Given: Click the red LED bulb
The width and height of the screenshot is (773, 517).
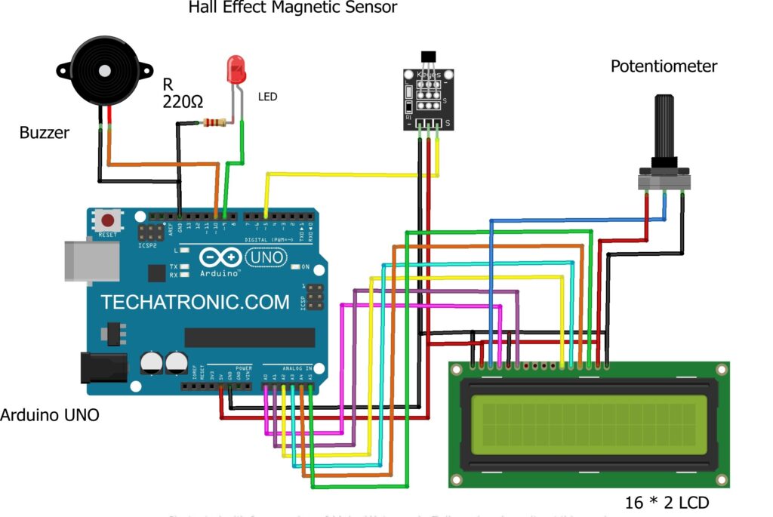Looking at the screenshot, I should (x=236, y=69).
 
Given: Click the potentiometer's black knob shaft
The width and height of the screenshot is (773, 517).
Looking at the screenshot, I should (x=665, y=128).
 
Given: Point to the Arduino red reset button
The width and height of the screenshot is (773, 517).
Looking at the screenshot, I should (x=108, y=221).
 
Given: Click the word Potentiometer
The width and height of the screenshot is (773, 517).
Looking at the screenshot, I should (x=664, y=66).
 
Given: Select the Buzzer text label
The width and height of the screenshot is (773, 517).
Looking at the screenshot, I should (x=44, y=133).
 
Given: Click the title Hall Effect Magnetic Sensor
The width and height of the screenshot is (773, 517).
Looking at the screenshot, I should (x=292, y=8).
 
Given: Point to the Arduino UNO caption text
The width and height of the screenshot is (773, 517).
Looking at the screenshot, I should (x=49, y=414).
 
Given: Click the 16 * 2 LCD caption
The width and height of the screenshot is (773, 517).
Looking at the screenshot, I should (x=667, y=502).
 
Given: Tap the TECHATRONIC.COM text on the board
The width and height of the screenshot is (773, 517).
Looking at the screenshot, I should (x=195, y=303).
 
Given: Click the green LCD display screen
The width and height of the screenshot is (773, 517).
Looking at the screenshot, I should (x=589, y=424).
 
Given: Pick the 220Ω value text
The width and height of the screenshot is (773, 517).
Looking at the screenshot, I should (x=183, y=101).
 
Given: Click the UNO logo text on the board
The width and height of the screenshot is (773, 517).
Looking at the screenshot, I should (x=269, y=257).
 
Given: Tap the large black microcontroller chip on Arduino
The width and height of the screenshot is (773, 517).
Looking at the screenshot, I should (x=249, y=337).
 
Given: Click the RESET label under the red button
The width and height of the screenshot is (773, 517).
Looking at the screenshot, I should (x=108, y=235).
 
